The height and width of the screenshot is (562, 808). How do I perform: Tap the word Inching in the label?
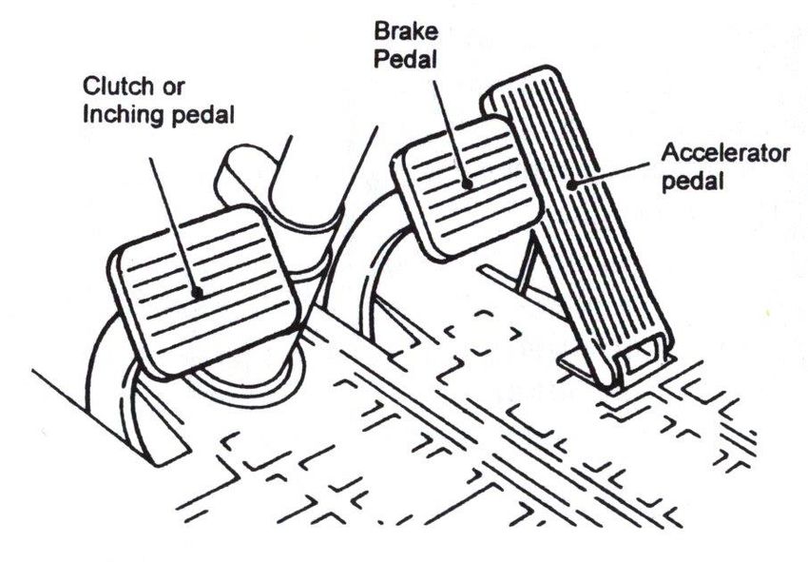click(118, 116)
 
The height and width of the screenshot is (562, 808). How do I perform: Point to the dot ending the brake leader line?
click(465, 184)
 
